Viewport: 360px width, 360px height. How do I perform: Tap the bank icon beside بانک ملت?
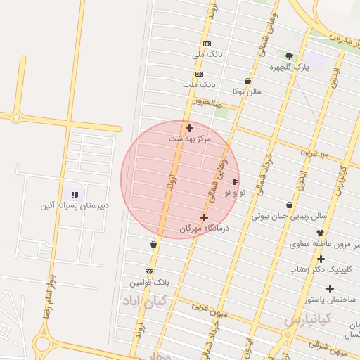tap(199, 74)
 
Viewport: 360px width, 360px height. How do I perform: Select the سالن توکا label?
tap(248, 91)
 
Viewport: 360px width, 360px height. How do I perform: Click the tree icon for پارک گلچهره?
tap(290, 56)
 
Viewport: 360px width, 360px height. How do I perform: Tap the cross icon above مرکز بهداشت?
tap(189, 128)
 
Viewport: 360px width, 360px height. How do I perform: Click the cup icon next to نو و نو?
tap(235, 181)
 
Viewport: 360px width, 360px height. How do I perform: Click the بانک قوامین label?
tap(150, 283)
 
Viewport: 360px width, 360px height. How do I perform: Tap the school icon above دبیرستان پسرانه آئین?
tap(74, 194)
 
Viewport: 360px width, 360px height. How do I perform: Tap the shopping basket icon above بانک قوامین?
tap(153, 245)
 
